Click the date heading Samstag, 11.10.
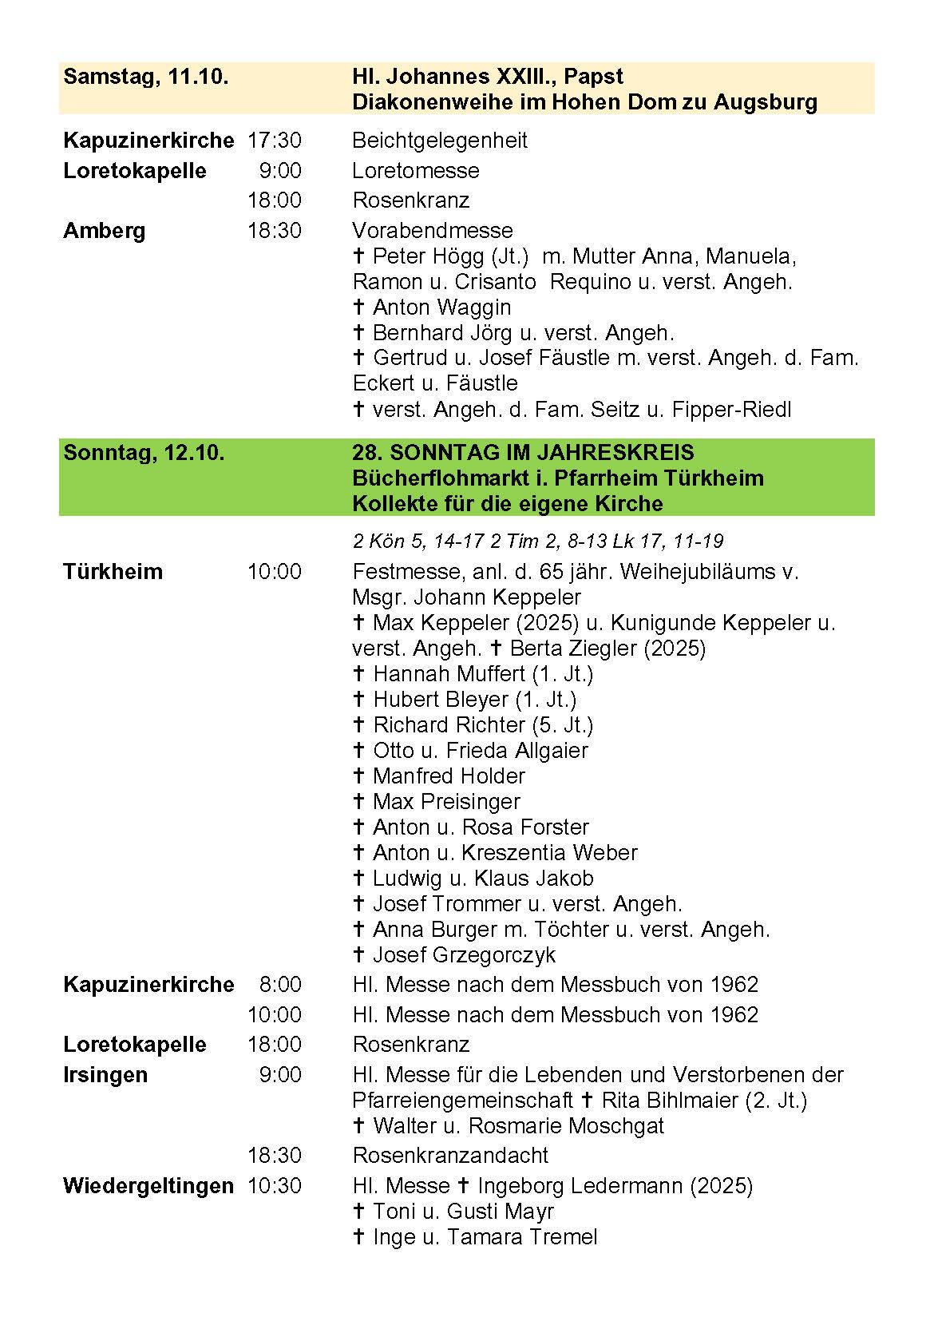tap(146, 77)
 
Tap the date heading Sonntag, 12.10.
tap(144, 453)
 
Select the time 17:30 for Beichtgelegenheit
tap(275, 141)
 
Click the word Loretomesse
tap(416, 171)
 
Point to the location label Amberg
tap(104, 231)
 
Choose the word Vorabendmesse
tap(433, 231)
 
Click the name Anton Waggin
tap(441, 307)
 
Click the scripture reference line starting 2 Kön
tap(538, 541)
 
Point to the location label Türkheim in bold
tap(113, 572)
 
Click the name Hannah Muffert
tap(449, 674)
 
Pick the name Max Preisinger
tap(445, 802)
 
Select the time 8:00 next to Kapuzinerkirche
tap(280, 985)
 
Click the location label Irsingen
tap(105, 1075)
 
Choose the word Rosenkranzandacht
tap(450, 1156)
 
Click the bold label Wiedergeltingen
tap(148, 1186)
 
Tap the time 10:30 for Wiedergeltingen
tap(275, 1186)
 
